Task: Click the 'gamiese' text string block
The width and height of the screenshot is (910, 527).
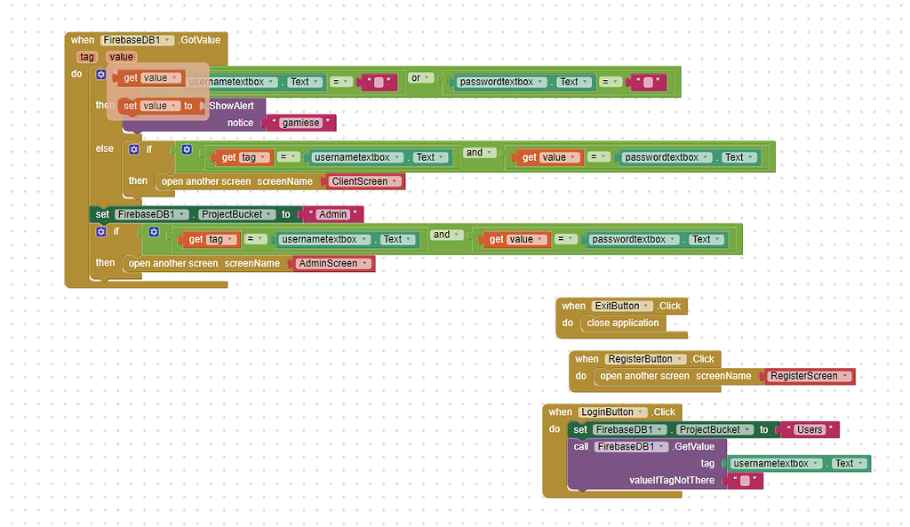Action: [300, 123]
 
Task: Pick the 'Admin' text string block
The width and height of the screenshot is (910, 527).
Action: [332, 214]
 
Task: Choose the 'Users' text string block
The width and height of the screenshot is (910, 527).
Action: [810, 429]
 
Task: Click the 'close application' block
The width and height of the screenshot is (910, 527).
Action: [623, 323]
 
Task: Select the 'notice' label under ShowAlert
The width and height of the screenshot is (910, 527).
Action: [240, 123]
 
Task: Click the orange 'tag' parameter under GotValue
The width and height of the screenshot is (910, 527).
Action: [87, 57]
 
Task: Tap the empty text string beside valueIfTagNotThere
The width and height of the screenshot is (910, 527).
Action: [745, 481]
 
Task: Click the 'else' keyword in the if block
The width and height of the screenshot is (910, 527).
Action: [105, 148]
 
